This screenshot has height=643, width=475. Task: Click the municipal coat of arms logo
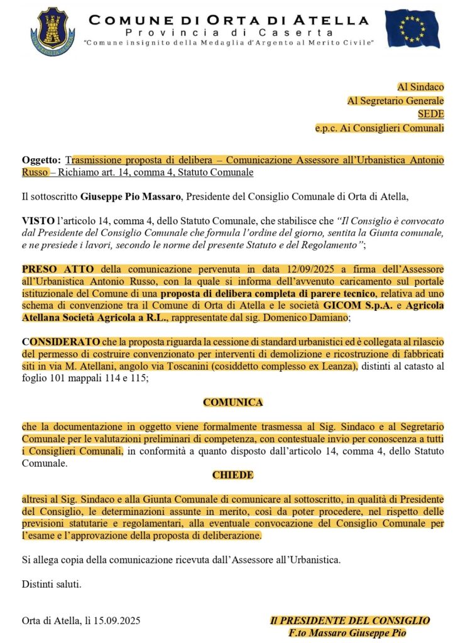52,29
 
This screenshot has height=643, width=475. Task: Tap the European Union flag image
412,29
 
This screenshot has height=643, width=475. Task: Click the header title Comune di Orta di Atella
229,20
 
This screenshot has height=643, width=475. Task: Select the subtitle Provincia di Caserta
229,32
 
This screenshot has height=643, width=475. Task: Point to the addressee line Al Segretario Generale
396,100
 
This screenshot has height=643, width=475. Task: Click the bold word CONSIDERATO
61,342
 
